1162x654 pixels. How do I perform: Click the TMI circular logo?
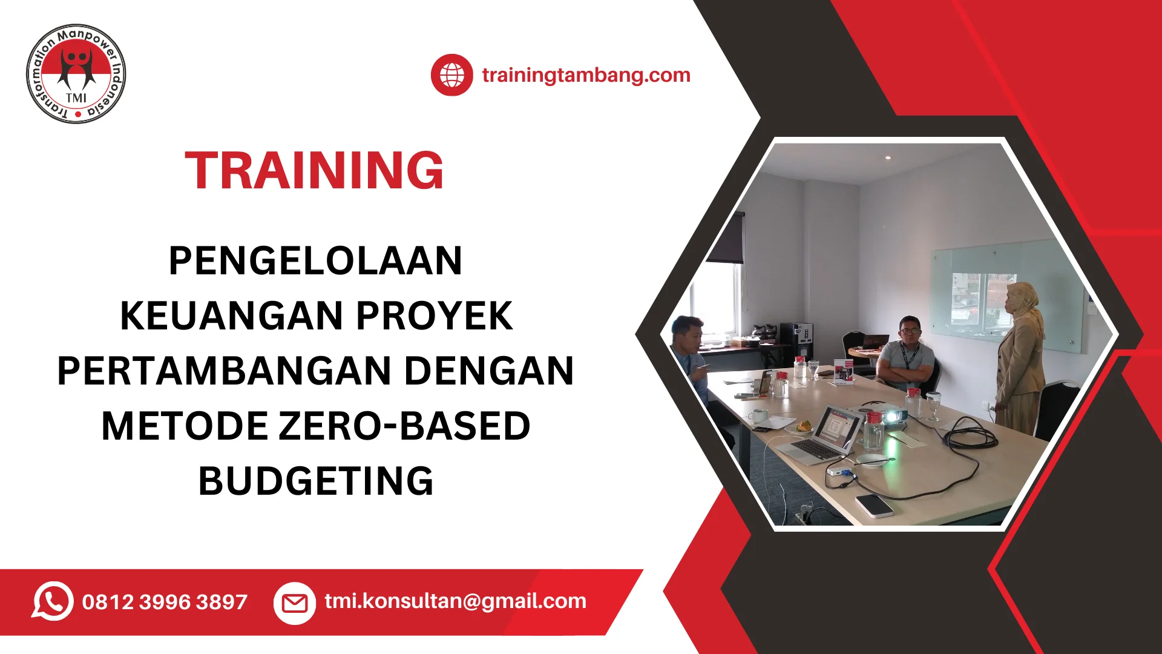[76, 74]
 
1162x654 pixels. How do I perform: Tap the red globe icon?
[451, 75]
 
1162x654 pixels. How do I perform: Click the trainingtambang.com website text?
[586, 75]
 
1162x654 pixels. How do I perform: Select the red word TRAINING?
[314, 171]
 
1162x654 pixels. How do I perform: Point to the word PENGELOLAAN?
[315, 261]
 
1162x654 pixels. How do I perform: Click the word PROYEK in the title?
[434, 315]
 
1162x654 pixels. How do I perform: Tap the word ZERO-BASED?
[405, 426]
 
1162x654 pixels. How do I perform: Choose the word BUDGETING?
[316, 481]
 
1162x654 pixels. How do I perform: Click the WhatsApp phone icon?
[53, 601]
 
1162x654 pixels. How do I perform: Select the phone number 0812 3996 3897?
[165, 602]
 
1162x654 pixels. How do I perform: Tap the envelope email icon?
[295, 603]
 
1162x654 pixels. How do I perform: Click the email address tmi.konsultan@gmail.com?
[455, 601]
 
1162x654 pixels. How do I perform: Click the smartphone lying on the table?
[875, 506]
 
